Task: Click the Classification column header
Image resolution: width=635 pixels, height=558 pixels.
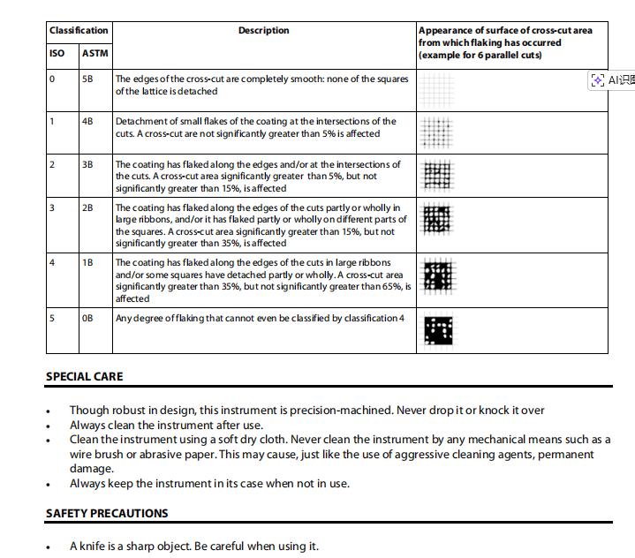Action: tap(79, 30)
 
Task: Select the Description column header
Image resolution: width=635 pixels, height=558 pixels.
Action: tap(263, 30)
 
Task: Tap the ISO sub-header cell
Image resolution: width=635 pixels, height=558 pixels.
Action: tap(57, 53)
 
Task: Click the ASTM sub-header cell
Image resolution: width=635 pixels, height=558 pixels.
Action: tap(94, 53)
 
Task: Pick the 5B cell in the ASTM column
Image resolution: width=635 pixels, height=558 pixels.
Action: tap(87, 79)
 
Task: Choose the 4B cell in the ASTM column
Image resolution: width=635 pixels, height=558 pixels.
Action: tap(87, 121)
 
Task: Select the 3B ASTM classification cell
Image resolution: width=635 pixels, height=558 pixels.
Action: tap(87, 164)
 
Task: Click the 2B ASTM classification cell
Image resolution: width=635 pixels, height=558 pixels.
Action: tap(87, 207)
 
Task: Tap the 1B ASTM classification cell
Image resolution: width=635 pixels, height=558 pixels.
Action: tap(87, 262)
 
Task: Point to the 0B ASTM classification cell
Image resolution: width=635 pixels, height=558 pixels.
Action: tap(87, 318)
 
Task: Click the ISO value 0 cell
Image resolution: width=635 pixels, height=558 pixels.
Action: tap(52, 79)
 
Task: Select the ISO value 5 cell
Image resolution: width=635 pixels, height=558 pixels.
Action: tap(52, 318)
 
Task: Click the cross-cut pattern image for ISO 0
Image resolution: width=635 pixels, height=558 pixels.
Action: tap(437, 89)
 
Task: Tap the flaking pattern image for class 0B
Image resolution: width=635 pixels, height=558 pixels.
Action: tap(438, 331)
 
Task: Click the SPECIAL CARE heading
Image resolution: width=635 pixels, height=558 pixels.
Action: tap(85, 376)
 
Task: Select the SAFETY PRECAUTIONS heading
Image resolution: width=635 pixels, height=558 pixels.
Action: tap(107, 513)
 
